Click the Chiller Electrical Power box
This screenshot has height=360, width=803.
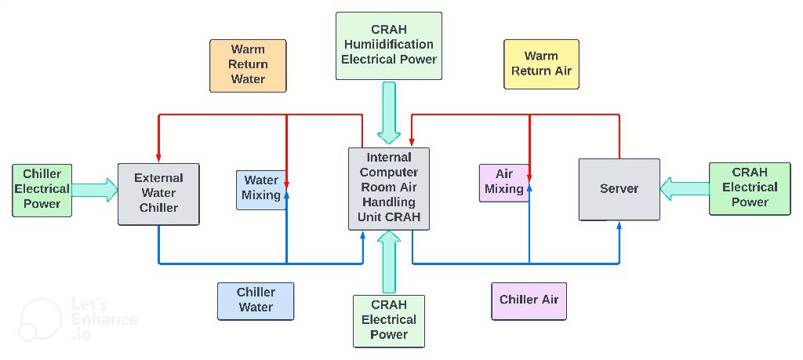(42, 190)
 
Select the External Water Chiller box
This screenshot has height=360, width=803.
(158, 194)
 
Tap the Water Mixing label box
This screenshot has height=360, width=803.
(260, 189)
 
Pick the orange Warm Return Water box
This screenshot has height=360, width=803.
(248, 65)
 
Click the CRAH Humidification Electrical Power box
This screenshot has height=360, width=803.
(388, 45)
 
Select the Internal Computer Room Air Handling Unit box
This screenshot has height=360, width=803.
(389, 188)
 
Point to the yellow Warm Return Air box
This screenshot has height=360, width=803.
(541, 64)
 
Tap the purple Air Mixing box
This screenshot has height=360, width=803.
(503, 182)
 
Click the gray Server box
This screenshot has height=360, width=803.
(619, 189)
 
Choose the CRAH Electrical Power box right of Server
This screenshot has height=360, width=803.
(749, 188)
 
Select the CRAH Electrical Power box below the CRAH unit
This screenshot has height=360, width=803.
(389, 321)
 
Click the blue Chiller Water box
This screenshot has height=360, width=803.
(256, 300)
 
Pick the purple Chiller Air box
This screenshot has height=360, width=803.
(529, 300)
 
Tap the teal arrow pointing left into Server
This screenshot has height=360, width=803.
(684, 188)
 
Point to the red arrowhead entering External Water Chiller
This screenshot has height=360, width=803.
(159, 157)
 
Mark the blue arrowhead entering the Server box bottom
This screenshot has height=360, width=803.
(620, 226)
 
